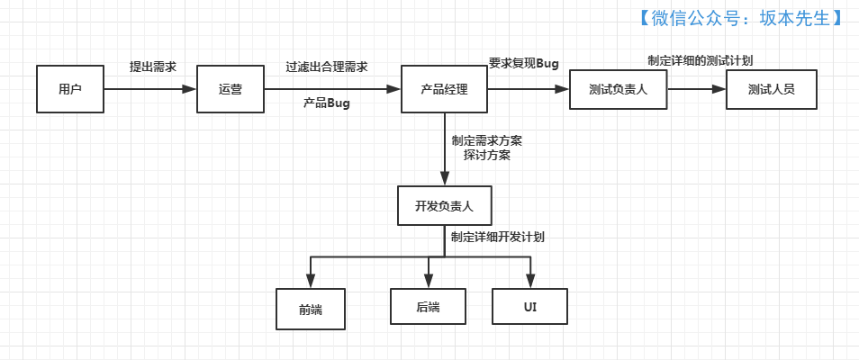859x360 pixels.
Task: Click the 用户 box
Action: tap(70, 89)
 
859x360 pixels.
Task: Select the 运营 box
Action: tap(231, 89)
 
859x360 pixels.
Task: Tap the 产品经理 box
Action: tap(444, 89)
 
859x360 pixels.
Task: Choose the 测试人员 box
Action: tap(771, 89)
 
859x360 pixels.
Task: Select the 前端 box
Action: tap(311, 308)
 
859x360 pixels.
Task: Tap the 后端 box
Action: tap(428, 307)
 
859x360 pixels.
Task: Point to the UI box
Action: tap(530, 307)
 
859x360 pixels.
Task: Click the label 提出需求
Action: tap(153, 67)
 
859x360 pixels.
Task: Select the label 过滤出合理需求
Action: tap(327, 67)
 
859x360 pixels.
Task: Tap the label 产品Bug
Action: tap(326, 103)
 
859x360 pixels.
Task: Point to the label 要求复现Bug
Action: tap(524, 63)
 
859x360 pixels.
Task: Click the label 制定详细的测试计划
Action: tap(701, 60)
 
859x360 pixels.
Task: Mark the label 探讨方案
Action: tap(487, 155)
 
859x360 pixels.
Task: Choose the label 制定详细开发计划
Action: tap(498, 238)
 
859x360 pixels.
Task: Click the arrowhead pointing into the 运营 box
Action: tap(189, 89)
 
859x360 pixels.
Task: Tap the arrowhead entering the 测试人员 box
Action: tap(719, 89)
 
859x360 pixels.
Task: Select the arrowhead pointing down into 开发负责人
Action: tap(444, 179)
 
